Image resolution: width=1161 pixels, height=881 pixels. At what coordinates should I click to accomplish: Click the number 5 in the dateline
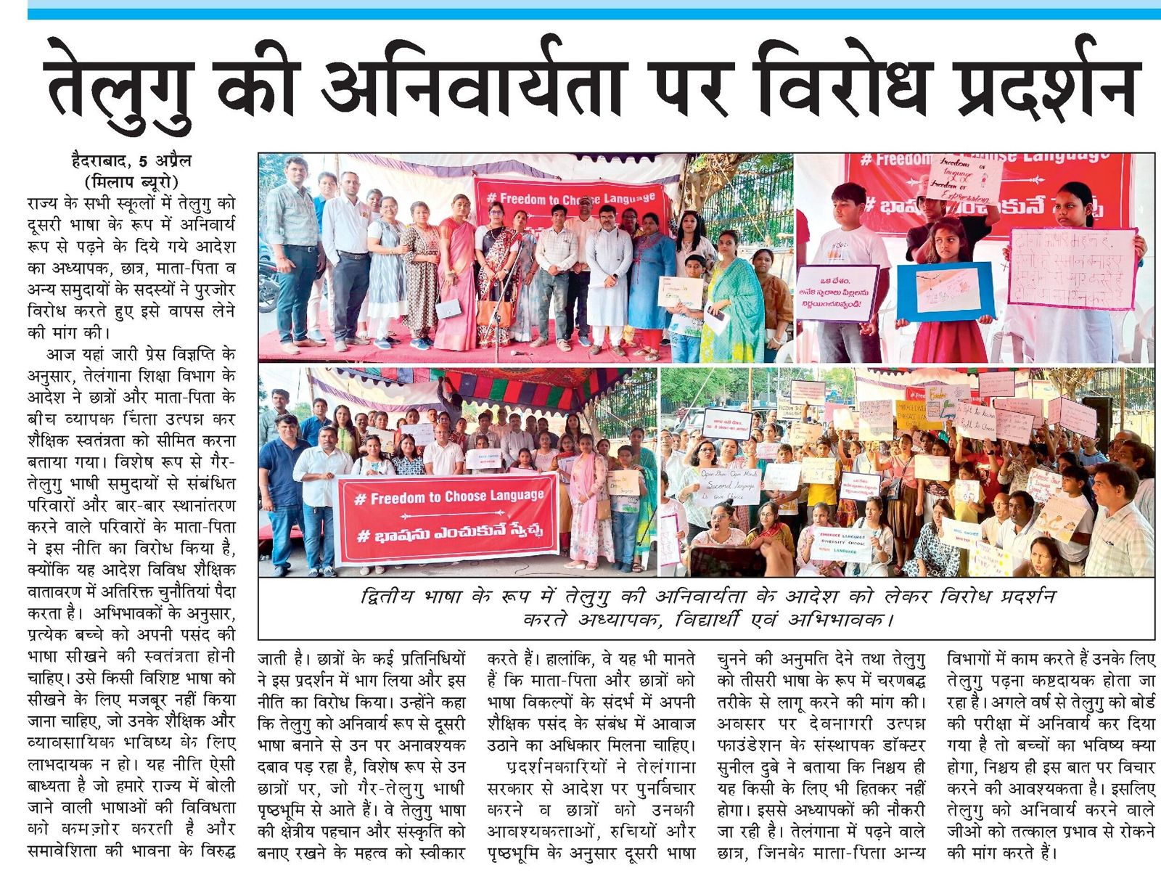(x=145, y=160)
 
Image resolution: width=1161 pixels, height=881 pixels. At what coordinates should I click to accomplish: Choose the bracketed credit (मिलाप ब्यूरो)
(x=131, y=181)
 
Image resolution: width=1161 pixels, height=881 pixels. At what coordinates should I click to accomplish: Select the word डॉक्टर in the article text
(x=902, y=745)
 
